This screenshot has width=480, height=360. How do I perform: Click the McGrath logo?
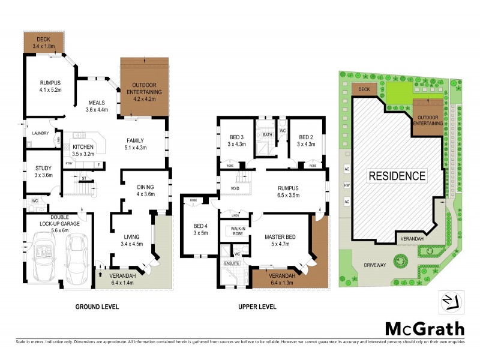[424, 328]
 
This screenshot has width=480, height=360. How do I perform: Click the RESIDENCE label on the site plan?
[397, 176]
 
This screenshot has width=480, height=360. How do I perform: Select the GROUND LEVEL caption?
[97, 307]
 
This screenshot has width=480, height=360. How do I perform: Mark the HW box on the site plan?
[347, 186]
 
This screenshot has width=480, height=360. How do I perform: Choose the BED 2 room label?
[307, 140]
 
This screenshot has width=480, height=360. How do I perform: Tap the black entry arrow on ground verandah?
[100, 275]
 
